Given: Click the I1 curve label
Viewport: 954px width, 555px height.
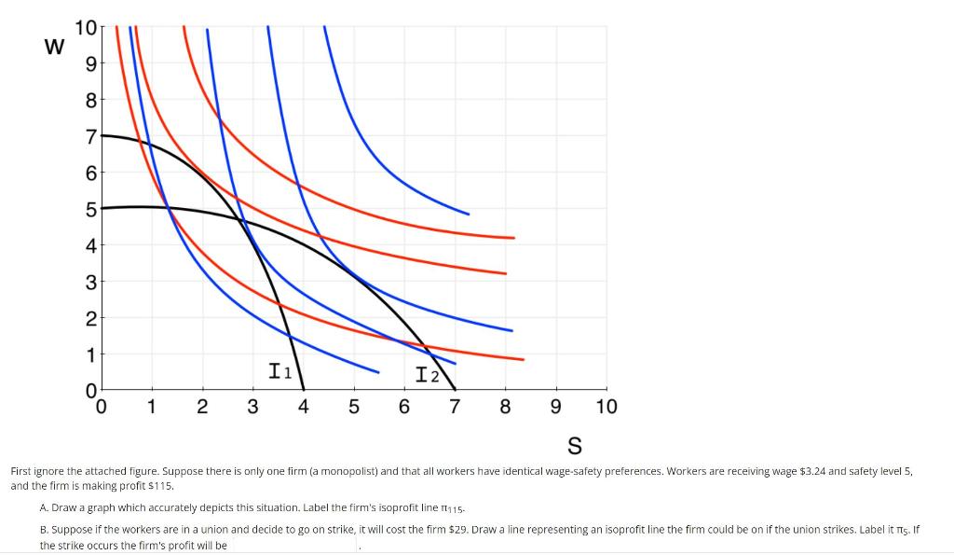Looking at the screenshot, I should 280,372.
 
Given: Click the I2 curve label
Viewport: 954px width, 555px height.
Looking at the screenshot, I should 428,376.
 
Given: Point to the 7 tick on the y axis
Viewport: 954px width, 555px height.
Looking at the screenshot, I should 89,136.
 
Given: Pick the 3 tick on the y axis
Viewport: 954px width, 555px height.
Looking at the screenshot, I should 89,281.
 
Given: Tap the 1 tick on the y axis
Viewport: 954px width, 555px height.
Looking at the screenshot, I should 89,354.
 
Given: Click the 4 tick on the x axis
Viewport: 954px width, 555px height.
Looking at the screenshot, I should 303,408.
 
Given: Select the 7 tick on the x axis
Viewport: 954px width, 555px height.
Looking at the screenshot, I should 455,408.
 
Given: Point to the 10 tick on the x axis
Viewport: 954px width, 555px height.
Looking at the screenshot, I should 606,408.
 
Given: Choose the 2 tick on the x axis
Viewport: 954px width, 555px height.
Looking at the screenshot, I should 202,408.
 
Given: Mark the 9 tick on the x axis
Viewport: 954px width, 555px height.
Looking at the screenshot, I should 555,408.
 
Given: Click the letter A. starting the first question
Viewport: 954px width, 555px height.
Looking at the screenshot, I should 44,508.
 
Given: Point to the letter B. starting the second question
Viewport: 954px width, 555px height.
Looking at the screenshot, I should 44,529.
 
